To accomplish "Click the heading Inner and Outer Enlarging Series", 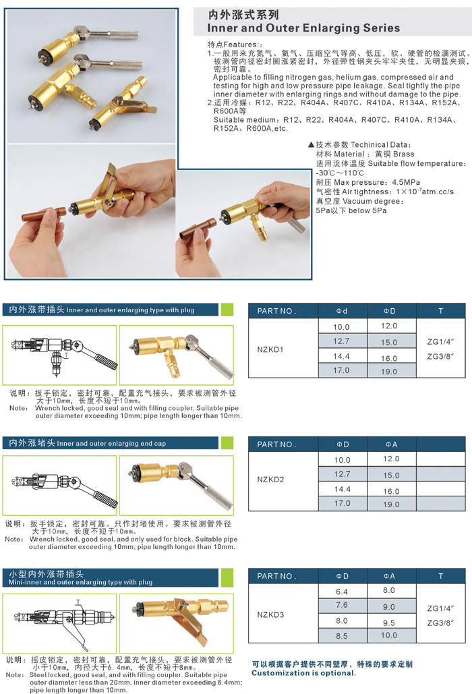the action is pos(303,28).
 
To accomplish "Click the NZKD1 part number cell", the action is pos(270,349).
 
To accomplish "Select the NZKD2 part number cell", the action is pos(270,480).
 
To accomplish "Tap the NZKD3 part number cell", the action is pos(270,614).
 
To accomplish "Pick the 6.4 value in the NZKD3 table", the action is pos(342,591).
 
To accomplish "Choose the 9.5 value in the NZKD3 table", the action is pos(389,623).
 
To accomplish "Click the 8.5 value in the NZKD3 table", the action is pos(342,636).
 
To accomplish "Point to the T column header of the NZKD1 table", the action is pos(440,311).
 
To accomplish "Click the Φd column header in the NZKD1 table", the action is pos(342,311).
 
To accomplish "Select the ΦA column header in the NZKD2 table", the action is pos(392,444).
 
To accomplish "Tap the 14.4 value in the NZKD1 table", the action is pos(341,356).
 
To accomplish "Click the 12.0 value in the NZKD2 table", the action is pos(392,459).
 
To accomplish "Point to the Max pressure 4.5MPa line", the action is pos(368,182).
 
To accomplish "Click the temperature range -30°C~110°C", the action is pos(340,173).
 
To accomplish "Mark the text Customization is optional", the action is pos(303,673).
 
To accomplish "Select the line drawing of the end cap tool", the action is pos(65,486).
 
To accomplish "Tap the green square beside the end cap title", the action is pos(227,442).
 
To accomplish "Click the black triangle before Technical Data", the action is pos(311,144).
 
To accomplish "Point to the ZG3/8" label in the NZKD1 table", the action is pos(440,356).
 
